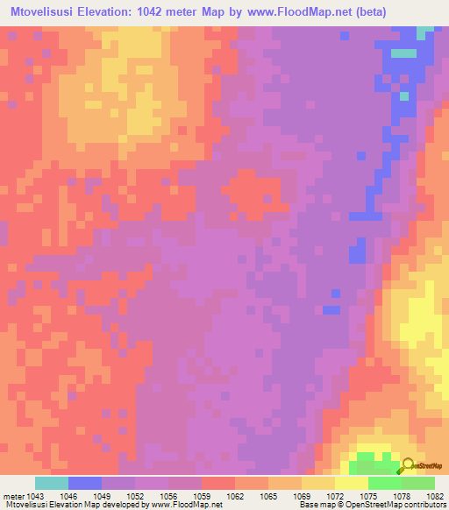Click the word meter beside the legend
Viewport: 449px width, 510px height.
[x=12, y=496]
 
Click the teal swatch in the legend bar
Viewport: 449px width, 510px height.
[x=52, y=483]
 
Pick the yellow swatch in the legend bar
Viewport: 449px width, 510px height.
[x=351, y=483]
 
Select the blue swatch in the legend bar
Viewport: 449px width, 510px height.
[x=85, y=483]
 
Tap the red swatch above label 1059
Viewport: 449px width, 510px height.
[x=217, y=483]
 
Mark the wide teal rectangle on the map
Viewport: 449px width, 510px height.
[x=403, y=53]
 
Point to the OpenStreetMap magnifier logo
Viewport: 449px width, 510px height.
[x=409, y=465]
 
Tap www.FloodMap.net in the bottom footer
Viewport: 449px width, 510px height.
[x=186, y=506]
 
